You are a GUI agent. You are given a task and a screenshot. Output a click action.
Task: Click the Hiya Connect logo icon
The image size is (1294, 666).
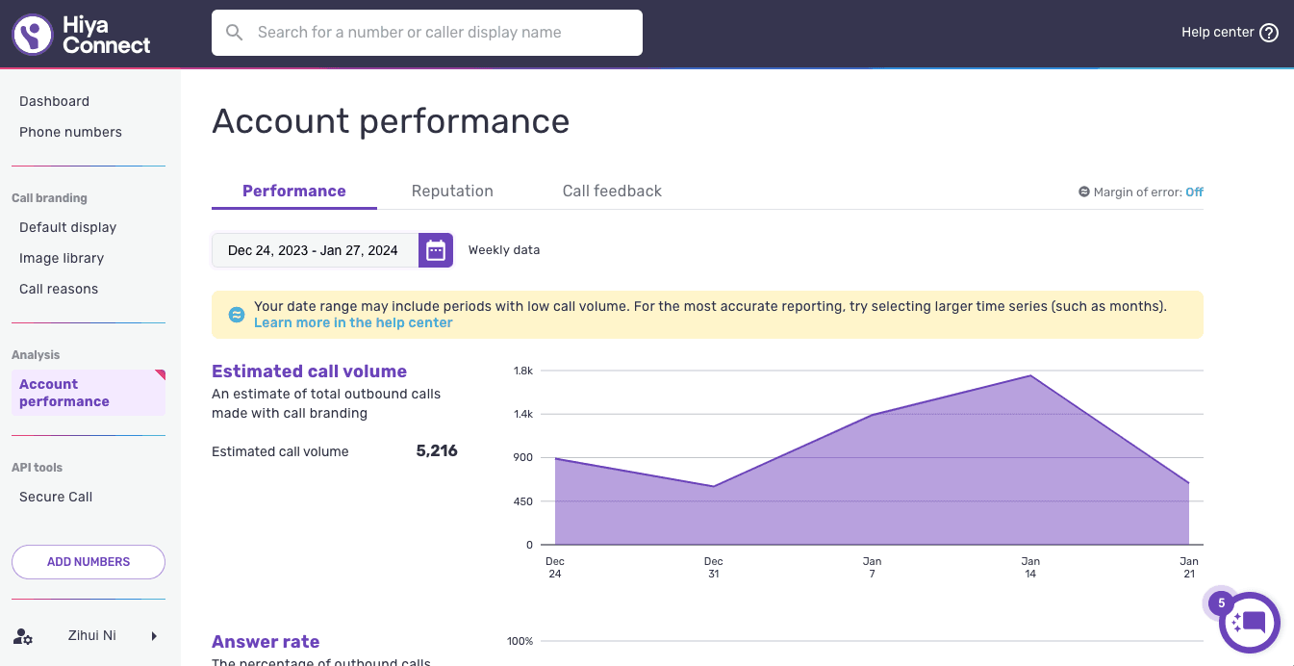pyautogui.click(x=33, y=34)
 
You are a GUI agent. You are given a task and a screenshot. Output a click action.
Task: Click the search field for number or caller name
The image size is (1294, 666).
pyautogui.click(x=427, y=33)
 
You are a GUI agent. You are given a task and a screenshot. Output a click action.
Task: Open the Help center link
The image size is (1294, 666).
pyautogui.click(x=1230, y=33)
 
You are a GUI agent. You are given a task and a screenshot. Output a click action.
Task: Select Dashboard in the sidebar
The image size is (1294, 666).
pyautogui.click(x=54, y=101)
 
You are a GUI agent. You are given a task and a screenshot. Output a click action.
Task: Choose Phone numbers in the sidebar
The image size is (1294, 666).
pyautogui.click(x=70, y=132)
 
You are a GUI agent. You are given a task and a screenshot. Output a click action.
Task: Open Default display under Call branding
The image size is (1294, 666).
pyautogui.click(x=67, y=227)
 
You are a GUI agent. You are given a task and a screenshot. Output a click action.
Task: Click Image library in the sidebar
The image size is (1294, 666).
pyautogui.click(x=62, y=258)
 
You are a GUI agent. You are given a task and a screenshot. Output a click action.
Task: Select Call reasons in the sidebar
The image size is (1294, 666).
pyautogui.click(x=59, y=289)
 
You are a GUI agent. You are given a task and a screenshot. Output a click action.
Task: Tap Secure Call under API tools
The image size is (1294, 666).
pyautogui.click(x=56, y=497)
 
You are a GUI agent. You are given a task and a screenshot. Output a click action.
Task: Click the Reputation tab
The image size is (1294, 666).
pyautogui.click(x=452, y=191)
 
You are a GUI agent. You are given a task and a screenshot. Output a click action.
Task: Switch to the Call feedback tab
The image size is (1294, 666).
pyautogui.click(x=612, y=191)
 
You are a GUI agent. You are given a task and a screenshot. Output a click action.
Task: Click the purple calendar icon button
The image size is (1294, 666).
pyautogui.click(x=436, y=250)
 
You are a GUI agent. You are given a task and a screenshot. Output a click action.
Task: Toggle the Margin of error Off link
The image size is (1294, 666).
pyautogui.click(x=1194, y=192)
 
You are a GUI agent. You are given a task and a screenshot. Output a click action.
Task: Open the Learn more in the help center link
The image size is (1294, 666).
pyautogui.click(x=353, y=322)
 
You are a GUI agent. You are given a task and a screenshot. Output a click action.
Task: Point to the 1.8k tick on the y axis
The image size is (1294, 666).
pyautogui.click(x=523, y=371)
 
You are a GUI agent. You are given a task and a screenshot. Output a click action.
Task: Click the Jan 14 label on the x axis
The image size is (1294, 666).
pyautogui.click(x=1030, y=567)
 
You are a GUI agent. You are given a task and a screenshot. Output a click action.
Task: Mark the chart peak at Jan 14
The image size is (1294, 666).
pyautogui.click(x=1030, y=375)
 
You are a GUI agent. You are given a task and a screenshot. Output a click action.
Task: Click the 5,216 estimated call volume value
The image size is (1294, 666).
pyautogui.click(x=437, y=451)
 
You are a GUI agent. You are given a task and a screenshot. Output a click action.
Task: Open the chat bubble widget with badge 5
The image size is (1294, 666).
pyautogui.click(x=1250, y=623)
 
